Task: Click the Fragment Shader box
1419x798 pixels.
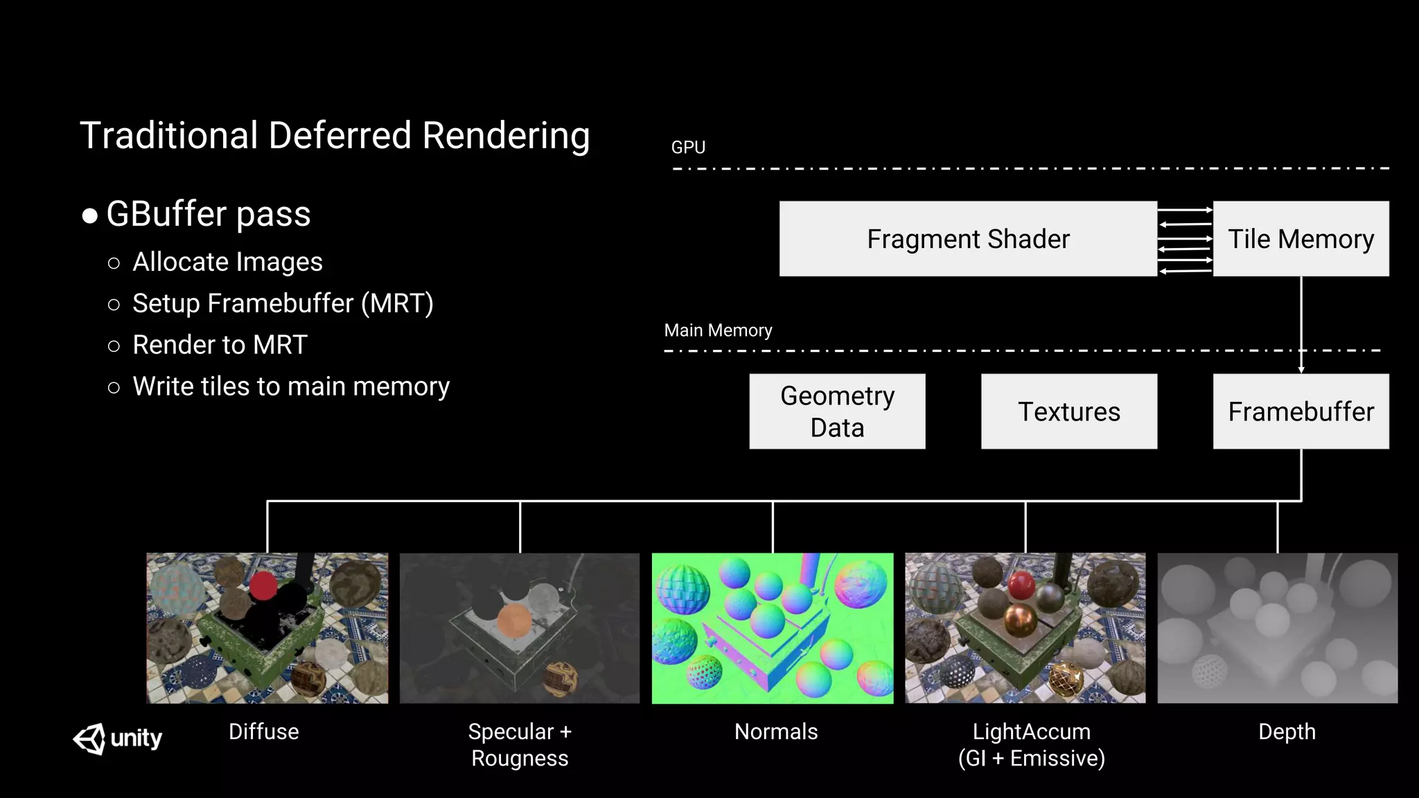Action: click(x=968, y=239)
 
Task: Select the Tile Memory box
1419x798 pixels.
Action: click(x=1301, y=239)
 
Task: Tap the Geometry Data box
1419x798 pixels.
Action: click(x=837, y=411)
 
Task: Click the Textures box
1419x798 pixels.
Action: click(x=1068, y=411)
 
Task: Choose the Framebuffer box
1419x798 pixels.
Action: click(x=1301, y=411)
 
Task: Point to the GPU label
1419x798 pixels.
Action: click(x=688, y=148)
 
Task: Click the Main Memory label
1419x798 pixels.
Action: click(x=718, y=330)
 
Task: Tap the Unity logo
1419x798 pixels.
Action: click(x=118, y=738)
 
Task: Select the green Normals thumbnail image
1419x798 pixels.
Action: click(x=773, y=628)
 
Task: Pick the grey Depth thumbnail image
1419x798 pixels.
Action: click(x=1277, y=628)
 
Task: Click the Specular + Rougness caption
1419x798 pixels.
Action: click(x=520, y=745)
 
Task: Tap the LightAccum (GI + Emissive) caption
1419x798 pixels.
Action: click(x=1031, y=745)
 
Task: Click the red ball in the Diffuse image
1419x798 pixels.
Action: click(x=263, y=586)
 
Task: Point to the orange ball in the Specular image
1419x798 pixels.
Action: click(x=513, y=621)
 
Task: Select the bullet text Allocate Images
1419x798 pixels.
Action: click(x=227, y=262)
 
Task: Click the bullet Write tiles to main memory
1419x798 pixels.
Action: click(x=291, y=387)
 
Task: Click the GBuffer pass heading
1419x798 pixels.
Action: click(x=208, y=213)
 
